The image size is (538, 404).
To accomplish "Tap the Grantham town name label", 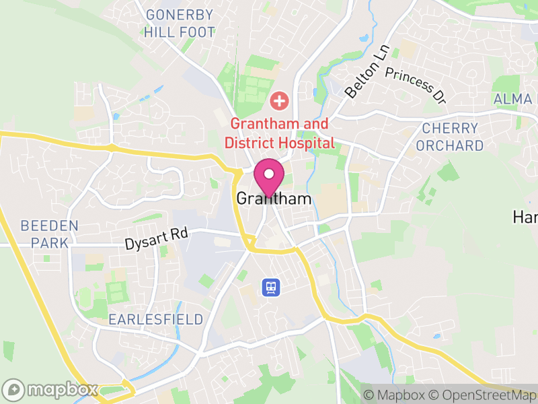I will tap(274, 199).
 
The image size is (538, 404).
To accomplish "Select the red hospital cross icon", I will tap(279, 102).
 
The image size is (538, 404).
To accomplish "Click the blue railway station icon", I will tap(271, 288).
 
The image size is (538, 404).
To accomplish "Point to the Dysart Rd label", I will tap(156, 238).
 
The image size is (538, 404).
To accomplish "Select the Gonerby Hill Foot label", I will tap(180, 24).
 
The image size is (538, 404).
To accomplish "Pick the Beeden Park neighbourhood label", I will tap(50, 234).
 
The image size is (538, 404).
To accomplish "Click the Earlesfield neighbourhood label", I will tap(156, 319).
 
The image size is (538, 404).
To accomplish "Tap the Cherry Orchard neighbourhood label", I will tap(449, 137).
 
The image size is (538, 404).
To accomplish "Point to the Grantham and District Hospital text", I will tap(279, 133).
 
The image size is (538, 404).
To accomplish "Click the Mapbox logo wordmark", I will tap(52, 390).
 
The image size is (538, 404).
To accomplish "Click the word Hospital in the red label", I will tap(306, 143).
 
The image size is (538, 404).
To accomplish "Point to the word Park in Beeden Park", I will tap(53, 242).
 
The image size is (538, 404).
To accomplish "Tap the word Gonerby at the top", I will tap(180, 15).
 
